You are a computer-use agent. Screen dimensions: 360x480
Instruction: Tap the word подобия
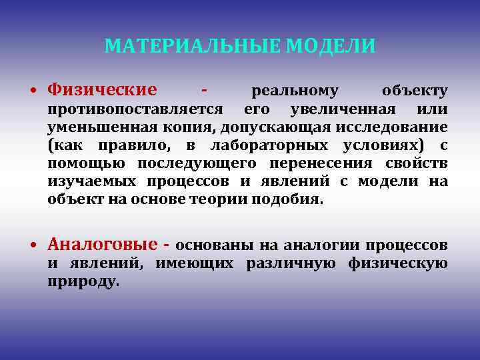coord(293,199)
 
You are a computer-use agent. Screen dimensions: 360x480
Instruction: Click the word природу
coord(84,281)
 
